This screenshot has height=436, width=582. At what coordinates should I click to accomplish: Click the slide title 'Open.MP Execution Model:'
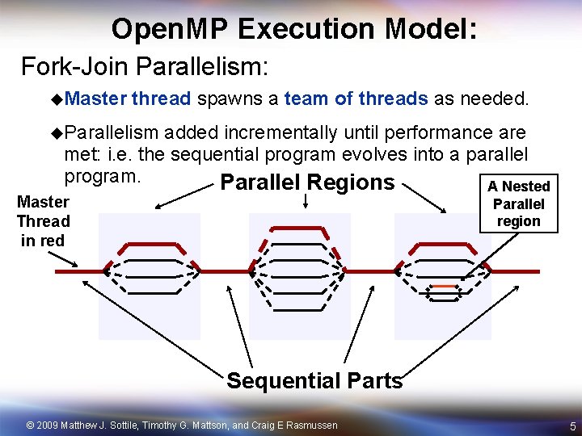(x=294, y=29)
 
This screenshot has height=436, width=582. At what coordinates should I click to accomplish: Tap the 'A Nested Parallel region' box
(x=518, y=204)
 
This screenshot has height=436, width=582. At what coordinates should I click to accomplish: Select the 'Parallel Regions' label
(x=306, y=182)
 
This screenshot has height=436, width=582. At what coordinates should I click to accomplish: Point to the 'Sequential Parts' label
(x=314, y=380)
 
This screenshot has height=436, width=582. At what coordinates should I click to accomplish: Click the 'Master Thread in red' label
(x=43, y=221)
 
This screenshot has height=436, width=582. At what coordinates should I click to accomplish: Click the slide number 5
(x=571, y=426)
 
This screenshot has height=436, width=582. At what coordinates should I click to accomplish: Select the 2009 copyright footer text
(x=183, y=425)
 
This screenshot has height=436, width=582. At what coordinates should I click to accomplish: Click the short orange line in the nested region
(x=442, y=286)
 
